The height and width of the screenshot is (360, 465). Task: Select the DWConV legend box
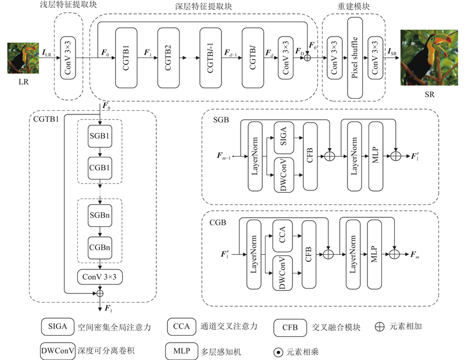[58, 351]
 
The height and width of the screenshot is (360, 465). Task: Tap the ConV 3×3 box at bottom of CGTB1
[100, 278]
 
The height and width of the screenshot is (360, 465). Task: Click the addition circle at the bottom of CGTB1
[100, 293]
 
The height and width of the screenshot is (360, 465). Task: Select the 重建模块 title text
[353, 6]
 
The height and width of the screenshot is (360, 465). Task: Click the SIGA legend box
[58, 327]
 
